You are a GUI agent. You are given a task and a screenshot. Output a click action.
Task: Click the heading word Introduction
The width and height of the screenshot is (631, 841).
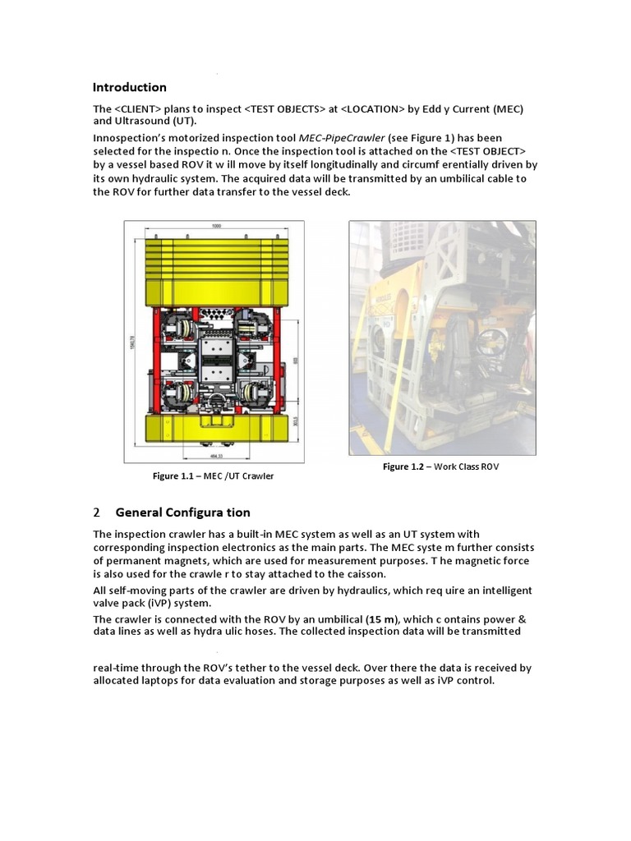[x=129, y=87]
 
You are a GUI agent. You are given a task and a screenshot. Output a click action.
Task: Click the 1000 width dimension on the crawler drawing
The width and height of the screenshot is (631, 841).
[x=214, y=226]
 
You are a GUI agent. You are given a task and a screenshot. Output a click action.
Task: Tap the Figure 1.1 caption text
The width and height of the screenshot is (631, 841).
[x=213, y=476]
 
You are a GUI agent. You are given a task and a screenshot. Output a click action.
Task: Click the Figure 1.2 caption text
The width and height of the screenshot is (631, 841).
[x=440, y=466]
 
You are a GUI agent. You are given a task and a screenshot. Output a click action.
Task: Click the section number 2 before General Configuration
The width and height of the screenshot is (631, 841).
[x=96, y=512]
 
